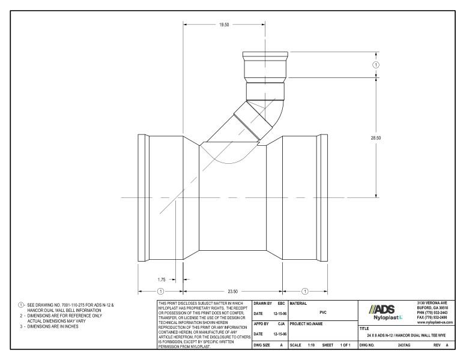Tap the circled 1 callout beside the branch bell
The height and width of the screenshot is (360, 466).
pyautogui.click(x=377, y=65)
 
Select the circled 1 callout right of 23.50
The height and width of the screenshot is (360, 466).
pyautogui.click(x=305, y=292)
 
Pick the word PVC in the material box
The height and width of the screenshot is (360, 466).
pyautogui.click(x=323, y=312)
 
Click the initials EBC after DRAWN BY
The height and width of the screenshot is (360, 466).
pyautogui.click(x=280, y=304)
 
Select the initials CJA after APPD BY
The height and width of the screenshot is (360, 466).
pyautogui.click(x=280, y=325)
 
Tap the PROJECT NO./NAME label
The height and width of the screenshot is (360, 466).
pyautogui.click(x=309, y=325)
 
